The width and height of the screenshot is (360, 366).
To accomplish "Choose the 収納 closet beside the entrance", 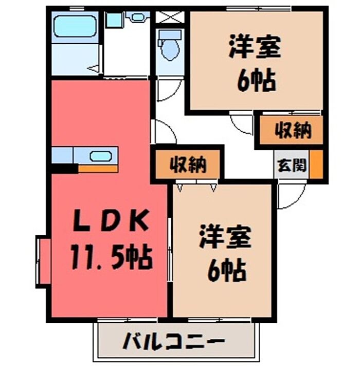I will [292, 131].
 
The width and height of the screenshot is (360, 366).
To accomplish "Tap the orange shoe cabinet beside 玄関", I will [317, 163].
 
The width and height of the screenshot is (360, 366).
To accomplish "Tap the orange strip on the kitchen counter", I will [98, 168].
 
